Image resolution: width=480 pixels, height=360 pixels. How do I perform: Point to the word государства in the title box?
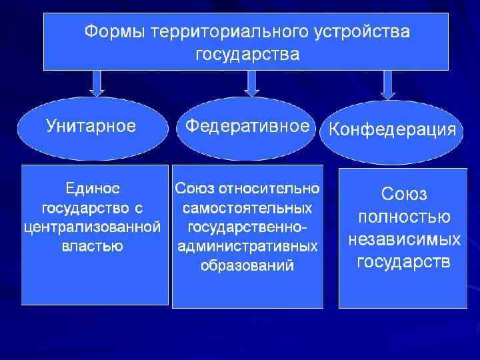[x=247, y=53]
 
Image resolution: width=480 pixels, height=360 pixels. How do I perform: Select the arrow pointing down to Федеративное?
[x=251, y=83]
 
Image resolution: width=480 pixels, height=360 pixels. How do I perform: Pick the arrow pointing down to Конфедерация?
[x=387, y=83]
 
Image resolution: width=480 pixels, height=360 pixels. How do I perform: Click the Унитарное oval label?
[x=91, y=126]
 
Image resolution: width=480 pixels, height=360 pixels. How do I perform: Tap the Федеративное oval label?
[x=247, y=126]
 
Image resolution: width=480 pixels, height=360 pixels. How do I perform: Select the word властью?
[x=93, y=247]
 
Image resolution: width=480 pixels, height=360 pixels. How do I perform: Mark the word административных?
[x=247, y=247]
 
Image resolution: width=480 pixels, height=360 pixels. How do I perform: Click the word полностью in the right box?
[x=403, y=217]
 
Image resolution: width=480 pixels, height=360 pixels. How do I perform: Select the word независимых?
[x=403, y=239]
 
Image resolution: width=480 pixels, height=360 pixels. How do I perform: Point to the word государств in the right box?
[x=403, y=261]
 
